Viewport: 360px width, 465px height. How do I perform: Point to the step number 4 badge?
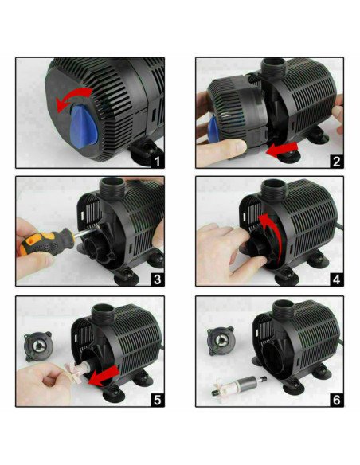point(337,279)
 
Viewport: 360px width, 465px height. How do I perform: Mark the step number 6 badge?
point(337,398)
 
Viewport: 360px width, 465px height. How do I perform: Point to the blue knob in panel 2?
point(211,131)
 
